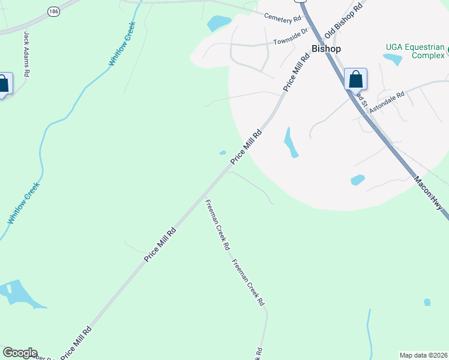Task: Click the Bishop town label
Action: click(326, 49)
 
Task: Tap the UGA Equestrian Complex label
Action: click(415, 51)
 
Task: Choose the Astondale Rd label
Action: click(387, 101)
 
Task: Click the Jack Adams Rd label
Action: click(26, 54)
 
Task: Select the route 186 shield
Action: click(54, 11)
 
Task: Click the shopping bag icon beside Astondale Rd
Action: click(355, 79)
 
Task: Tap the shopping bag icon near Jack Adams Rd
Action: click(4, 84)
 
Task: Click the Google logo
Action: click(20, 353)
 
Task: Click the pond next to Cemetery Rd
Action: click(218, 23)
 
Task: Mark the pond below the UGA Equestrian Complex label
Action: click(393, 59)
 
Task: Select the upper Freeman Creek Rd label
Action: click(218, 224)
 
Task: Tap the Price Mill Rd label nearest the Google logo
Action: click(76, 342)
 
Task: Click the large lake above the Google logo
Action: click(19, 295)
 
